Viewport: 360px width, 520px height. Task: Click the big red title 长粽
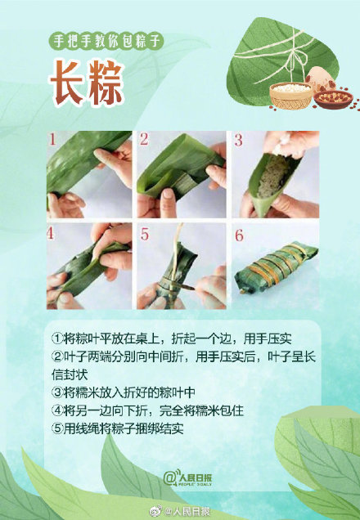[x=88, y=83]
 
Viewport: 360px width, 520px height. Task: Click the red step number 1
[x=54, y=139]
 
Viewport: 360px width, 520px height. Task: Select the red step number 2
[x=143, y=139]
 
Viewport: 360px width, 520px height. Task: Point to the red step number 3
[x=239, y=139]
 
